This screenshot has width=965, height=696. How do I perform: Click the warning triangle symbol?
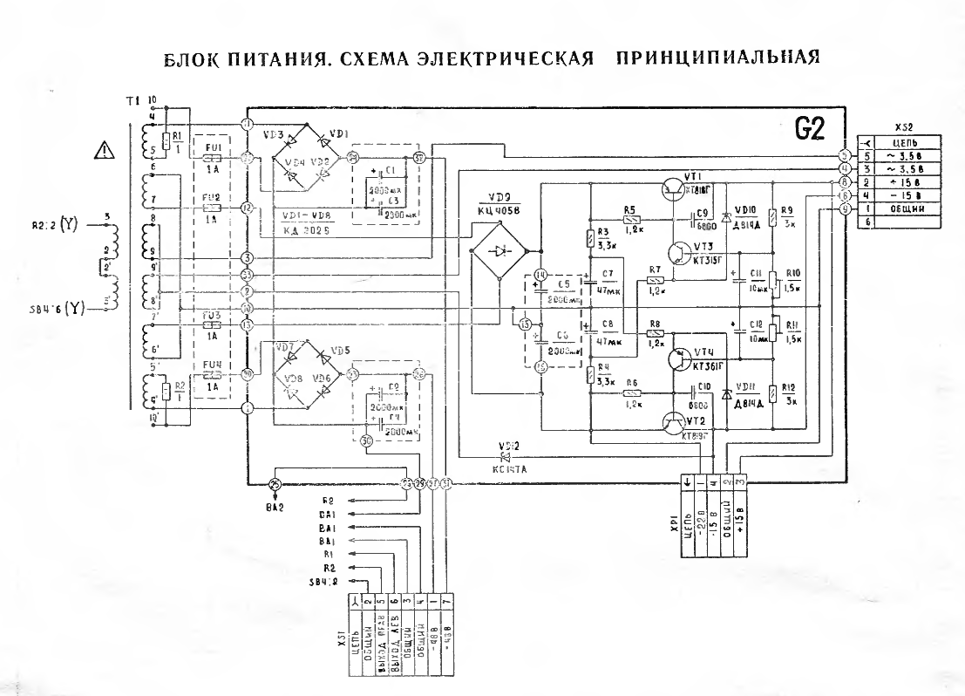pyautogui.click(x=105, y=152)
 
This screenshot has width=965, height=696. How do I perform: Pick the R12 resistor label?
pyautogui.click(x=791, y=387)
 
